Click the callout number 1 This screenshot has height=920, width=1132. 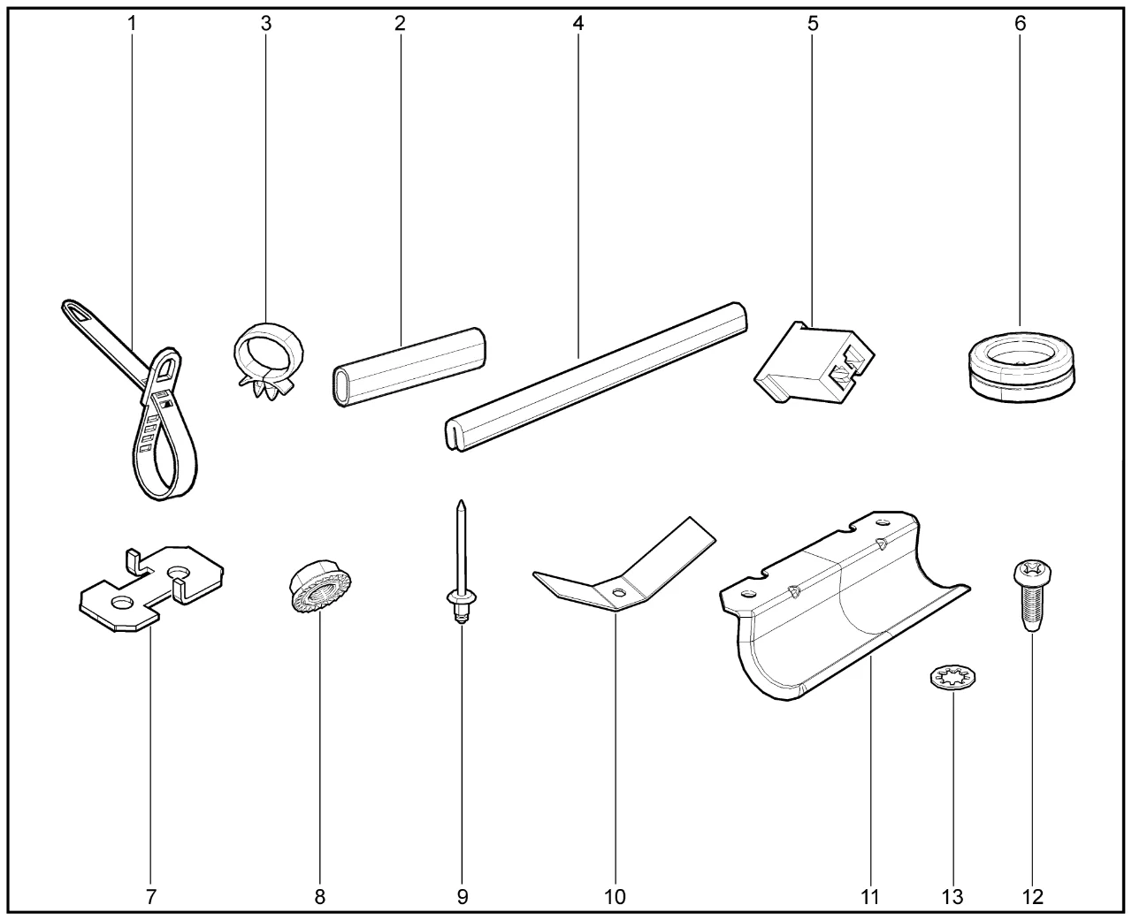[x=132, y=23]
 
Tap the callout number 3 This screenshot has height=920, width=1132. [x=266, y=23]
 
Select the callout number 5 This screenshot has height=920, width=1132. [x=813, y=23]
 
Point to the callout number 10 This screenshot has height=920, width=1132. [x=615, y=897]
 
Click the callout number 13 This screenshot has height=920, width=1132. [x=952, y=897]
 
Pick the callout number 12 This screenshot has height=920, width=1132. [x=1033, y=897]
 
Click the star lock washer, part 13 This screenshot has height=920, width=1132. [x=953, y=678]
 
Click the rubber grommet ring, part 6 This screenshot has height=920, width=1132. [x=1021, y=368]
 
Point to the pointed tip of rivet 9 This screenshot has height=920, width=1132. [x=462, y=501]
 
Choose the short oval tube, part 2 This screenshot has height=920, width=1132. [x=409, y=367]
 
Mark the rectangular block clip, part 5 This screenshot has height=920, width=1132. [x=814, y=363]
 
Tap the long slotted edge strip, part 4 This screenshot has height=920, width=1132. [x=595, y=377]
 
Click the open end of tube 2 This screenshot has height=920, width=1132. [x=340, y=387]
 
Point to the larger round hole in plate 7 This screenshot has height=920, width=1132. [x=178, y=573]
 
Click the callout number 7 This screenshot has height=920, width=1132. [x=151, y=897]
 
